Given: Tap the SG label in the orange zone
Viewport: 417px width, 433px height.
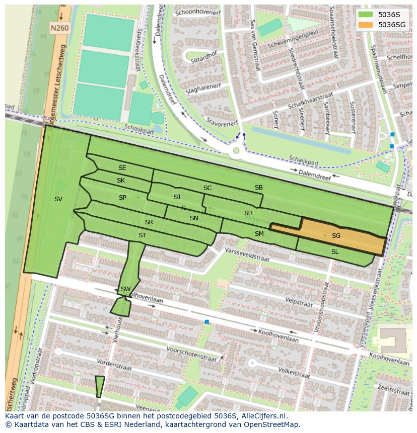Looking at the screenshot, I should point(336,236).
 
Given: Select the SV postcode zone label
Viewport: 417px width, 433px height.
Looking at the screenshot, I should point(58,199).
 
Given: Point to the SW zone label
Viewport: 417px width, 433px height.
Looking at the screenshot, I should point(126,289).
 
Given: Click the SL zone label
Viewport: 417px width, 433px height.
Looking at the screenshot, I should point(335,252).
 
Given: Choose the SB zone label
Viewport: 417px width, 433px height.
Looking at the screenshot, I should point(259,188).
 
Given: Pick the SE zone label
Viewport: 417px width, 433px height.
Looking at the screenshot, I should point(122,168).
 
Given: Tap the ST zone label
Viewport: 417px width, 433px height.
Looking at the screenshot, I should point(143,235).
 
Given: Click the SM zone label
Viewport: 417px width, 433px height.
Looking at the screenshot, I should point(259,234).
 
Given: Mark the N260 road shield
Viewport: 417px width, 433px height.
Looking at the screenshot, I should point(59,29).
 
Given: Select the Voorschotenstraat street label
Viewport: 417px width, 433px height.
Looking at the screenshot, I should point(191,351).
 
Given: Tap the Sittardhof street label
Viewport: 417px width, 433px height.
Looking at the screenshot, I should point(203,59).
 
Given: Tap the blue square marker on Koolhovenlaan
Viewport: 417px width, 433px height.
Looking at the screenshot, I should point(207,321).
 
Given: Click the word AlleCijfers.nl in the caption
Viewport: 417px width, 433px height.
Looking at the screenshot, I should point(263,416).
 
